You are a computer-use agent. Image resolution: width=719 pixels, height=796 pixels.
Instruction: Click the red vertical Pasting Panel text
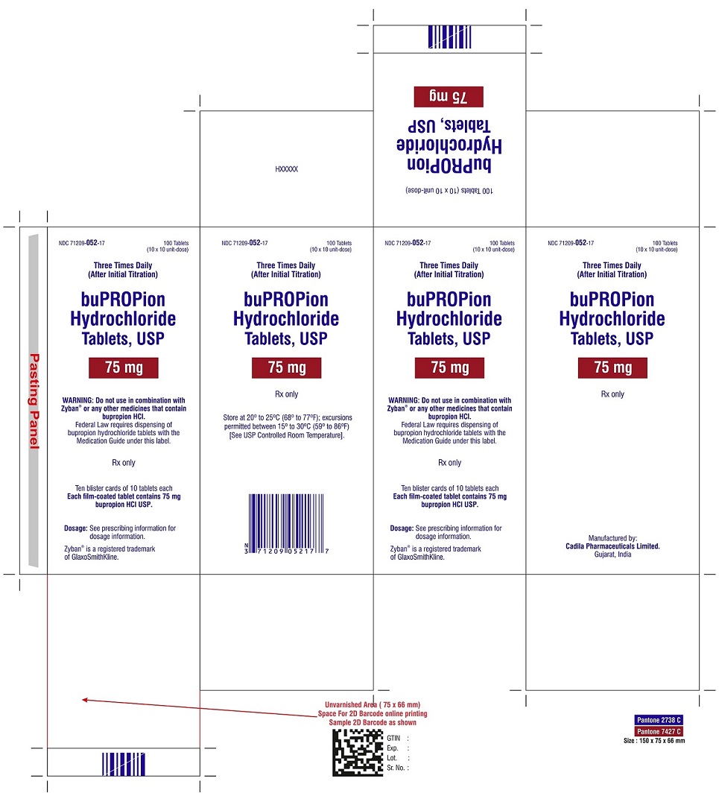point(34,401)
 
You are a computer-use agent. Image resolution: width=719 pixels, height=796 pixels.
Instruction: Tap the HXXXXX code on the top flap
point(286,169)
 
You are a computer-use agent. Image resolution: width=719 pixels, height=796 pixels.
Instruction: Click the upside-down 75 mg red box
point(449,96)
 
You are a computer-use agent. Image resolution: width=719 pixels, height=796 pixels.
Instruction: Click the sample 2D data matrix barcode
point(358,752)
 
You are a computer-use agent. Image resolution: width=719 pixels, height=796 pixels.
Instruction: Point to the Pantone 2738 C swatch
point(659,720)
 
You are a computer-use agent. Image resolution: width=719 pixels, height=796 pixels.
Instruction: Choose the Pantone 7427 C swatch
point(659,731)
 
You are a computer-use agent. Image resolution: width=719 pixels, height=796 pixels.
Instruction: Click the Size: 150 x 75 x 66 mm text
point(654,741)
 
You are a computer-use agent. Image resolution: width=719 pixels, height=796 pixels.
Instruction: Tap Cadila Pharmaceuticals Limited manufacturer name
point(612,546)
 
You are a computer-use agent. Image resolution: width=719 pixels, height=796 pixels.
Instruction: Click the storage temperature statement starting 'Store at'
point(287,426)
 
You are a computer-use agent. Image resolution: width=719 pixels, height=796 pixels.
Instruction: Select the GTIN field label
point(393,738)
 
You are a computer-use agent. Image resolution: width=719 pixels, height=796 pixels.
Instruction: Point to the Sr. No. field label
point(396,768)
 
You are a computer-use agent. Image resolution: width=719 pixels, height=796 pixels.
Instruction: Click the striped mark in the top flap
point(449,37)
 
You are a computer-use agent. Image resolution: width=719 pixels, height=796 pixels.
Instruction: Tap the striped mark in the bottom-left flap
point(123,764)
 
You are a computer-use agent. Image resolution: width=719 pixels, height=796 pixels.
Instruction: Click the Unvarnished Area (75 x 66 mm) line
point(373,704)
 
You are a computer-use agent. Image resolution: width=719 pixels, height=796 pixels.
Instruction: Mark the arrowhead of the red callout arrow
point(84,700)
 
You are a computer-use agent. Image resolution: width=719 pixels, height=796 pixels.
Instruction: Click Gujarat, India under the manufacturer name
point(612,555)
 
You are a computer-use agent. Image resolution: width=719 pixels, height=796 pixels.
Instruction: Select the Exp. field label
point(392,748)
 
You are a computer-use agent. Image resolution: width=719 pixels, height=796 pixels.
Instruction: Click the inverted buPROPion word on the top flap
point(449,165)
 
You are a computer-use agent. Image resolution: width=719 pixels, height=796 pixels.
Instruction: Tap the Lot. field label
point(392,758)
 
